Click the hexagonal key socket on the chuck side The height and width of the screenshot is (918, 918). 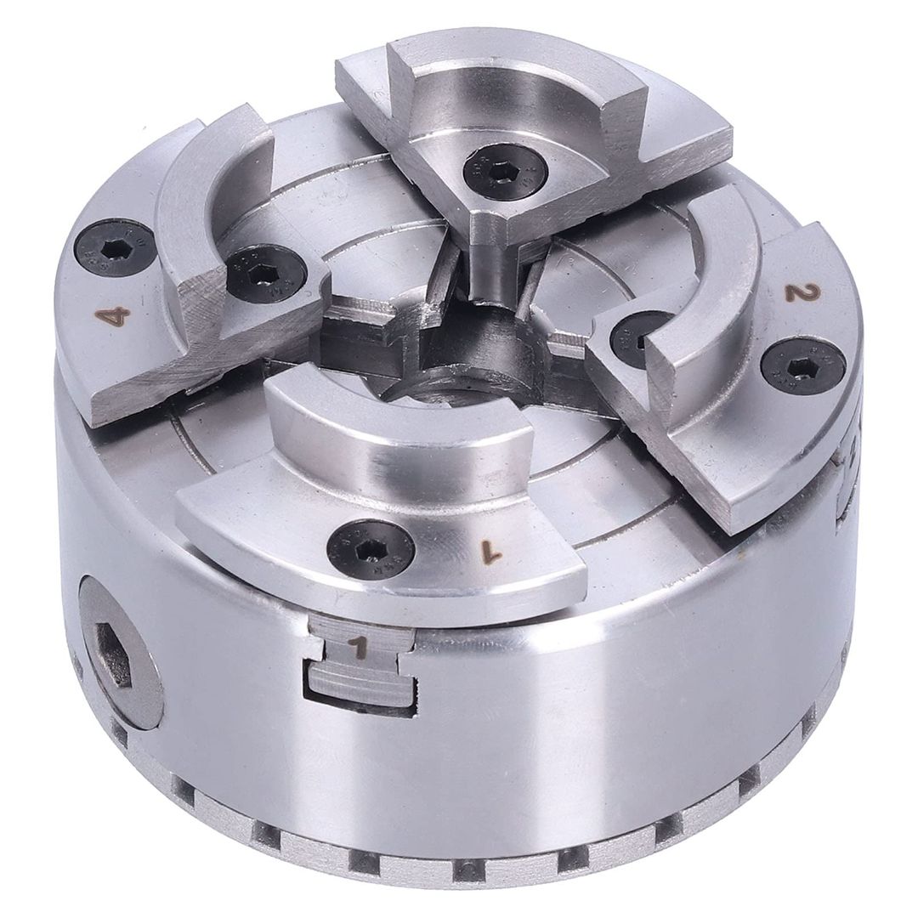(115, 654)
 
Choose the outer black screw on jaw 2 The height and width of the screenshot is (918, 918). (802, 365)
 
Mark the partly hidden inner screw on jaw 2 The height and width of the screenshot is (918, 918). (629, 336)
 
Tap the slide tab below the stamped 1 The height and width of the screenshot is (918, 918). (357, 684)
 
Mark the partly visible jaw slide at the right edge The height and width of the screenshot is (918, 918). (850, 476)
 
